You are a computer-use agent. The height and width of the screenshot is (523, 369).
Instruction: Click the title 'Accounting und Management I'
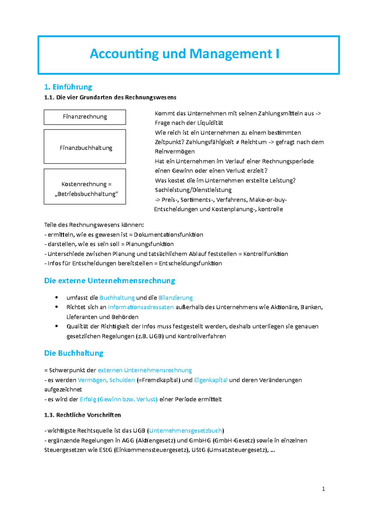click(x=184, y=54)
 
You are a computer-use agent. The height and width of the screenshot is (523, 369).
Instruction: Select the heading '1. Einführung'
click(x=68, y=87)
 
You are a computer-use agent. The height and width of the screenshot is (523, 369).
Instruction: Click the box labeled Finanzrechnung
click(x=85, y=117)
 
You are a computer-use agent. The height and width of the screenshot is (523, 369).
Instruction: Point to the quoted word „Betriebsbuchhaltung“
click(x=86, y=194)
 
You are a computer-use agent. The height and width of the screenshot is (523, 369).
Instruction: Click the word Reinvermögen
click(x=175, y=152)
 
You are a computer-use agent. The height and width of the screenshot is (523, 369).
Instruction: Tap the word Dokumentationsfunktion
click(x=168, y=235)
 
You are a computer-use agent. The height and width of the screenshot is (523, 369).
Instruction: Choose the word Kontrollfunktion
click(x=265, y=254)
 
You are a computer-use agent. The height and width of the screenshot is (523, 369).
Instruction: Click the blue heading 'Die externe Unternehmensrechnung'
click(x=109, y=281)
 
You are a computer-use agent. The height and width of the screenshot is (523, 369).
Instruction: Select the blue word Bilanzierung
click(x=175, y=298)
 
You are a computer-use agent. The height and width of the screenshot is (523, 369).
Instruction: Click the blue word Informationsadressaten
click(x=141, y=307)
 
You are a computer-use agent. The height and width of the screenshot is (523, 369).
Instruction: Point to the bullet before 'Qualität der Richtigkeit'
click(x=56, y=326)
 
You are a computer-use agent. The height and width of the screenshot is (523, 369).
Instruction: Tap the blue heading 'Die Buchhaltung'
click(x=73, y=353)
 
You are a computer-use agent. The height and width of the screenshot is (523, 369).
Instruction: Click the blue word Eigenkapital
click(x=211, y=380)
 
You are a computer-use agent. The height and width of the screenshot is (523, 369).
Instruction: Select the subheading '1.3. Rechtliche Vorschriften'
click(x=82, y=415)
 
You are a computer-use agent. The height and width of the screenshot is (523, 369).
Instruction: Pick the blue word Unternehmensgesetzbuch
click(x=185, y=431)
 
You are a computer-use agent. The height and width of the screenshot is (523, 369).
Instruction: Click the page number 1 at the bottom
click(x=323, y=489)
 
